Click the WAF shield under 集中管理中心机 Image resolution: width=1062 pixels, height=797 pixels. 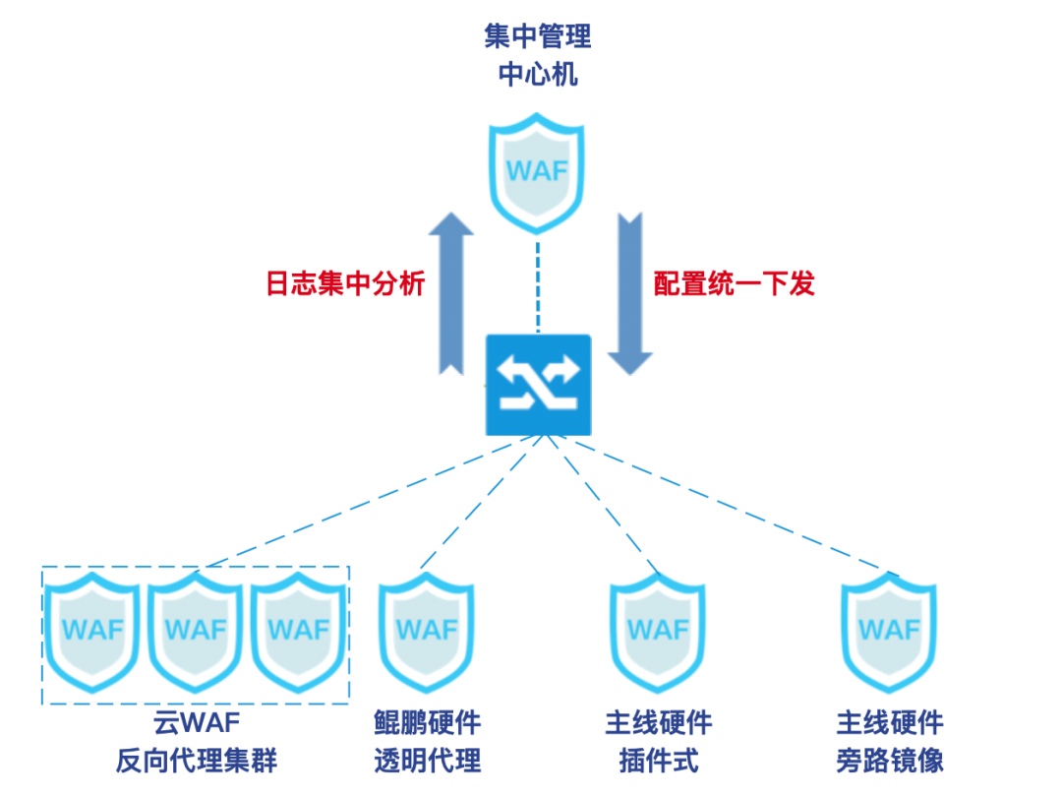pyautogui.click(x=537, y=170)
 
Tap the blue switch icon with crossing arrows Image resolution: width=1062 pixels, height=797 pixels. pyautogui.click(x=538, y=385)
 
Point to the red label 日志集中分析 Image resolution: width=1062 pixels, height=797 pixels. pyautogui.click(x=345, y=284)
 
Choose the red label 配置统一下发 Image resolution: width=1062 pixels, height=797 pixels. pyautogui.click(x=735, y=284)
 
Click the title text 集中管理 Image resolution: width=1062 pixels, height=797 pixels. pyautogui.click(x=538, y=37)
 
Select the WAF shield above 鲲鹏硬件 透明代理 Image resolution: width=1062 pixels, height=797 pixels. pyautogui.click(x=426, y=630)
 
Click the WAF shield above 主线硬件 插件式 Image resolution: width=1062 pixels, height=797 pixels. pyautogui.click(x=658, y=630)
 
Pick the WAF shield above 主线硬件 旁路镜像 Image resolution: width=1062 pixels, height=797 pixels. pyautogui.click(x=890, y=630)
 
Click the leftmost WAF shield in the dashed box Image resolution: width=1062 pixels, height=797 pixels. pyautogui.click(x=94, y=630)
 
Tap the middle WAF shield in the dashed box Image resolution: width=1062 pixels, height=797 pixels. pyautogui.click(x=197, y=630)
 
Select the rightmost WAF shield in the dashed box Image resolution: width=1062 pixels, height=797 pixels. pyautogui.click(x=299, y=630)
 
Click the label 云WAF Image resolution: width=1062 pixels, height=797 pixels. pyautogui.click(x=197, y=724)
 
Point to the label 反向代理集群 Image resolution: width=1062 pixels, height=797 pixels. pyautogui.click(x=197, y=762)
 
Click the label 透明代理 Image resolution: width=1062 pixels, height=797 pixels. pyautogui.click(x=427, y=762)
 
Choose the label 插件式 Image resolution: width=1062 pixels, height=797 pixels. pyautogui.click(x=659, y=762)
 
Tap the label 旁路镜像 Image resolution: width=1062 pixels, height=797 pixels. pyautogui.click(x=890, y=762)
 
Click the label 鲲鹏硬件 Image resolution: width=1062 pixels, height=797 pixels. pyautogui.click(x=427, y=724)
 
